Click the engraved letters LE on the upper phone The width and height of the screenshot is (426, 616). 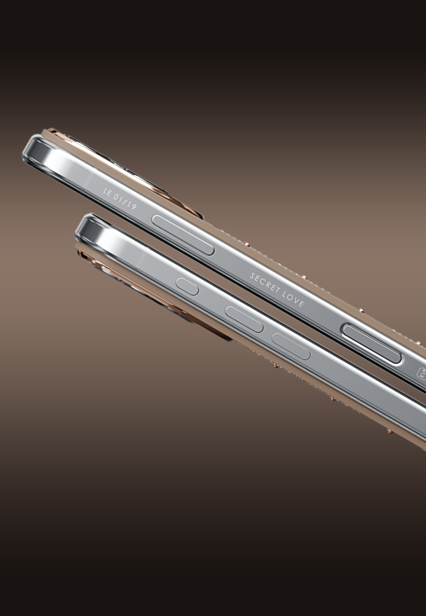coord(108,193)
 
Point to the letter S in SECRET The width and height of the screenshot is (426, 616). coord(253,277)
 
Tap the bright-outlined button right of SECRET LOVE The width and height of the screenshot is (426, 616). coord(372,344)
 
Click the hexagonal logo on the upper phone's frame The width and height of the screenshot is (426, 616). coord(421,373)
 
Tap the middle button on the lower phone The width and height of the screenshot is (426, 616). coord(244,319)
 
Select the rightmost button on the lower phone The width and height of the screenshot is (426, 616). coord(291,346)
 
